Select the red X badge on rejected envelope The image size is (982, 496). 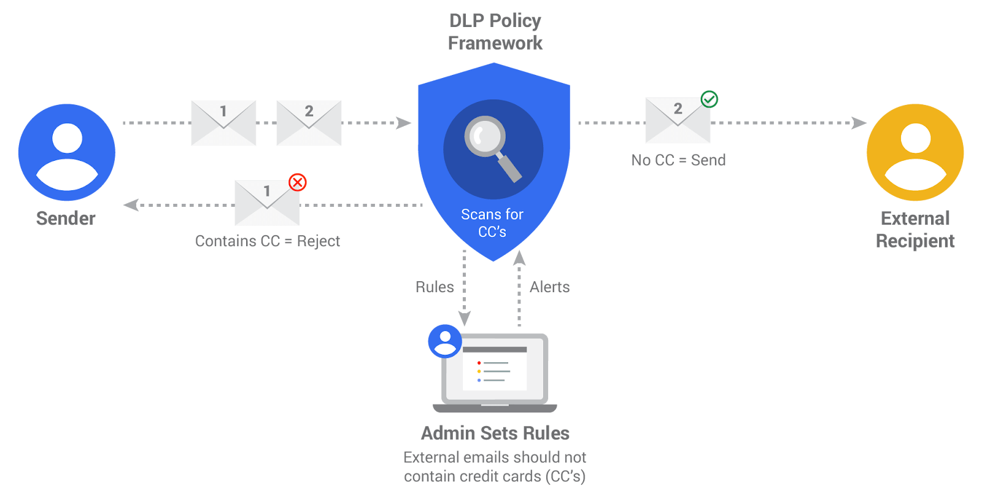point(298,182)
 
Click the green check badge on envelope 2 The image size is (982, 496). point(709,99)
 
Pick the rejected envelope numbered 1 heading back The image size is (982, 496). point(267,203)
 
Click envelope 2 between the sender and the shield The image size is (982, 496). point(309,123)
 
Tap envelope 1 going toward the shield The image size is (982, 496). point(223,123)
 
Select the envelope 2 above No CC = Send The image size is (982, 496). point(678,120)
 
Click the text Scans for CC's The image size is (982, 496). point(492,223)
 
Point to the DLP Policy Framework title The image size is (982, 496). point(495,32)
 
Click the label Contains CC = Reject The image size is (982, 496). point(267,241)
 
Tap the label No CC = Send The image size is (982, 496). point(678,160)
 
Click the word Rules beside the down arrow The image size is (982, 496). point(435,287)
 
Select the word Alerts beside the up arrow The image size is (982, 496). point(550,287)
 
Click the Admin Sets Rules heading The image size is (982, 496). point(495,433)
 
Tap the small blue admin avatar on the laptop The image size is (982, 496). point(444,341)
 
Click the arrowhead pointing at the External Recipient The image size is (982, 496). point(859,123)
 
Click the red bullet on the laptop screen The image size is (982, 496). point(479,363)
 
